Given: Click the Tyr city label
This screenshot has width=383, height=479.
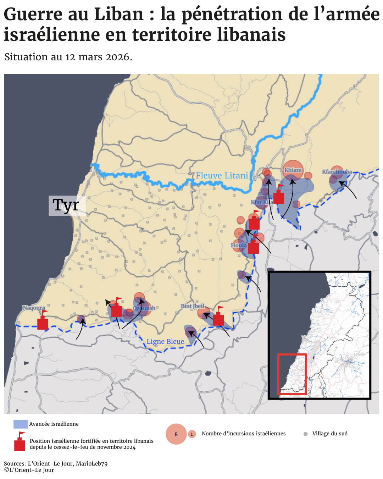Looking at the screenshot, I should (66, 205).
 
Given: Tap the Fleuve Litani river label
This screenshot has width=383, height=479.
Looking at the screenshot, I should (222, 176).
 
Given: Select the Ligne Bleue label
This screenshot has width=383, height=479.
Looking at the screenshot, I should (165, 342).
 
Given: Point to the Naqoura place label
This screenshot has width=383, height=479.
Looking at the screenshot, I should (34, 308).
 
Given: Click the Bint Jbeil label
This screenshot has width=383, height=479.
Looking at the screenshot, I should (193, 306).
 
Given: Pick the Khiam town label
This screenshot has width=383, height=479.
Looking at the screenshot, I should (293, 170).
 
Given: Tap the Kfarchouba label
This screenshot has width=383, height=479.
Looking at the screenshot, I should (337, 172).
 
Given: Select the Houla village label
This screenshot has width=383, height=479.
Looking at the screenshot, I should (239, 245).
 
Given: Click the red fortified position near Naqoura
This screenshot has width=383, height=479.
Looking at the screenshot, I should (43, 322).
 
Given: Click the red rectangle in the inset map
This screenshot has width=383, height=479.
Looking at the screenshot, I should (292, 374).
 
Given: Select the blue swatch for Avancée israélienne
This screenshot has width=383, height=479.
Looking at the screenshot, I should (21, 424).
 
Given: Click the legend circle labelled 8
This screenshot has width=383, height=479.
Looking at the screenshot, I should (176, 434).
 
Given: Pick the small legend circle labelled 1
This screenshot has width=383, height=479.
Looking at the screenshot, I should (192, 434).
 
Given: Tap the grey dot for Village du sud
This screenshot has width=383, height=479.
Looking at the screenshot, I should (305, 434).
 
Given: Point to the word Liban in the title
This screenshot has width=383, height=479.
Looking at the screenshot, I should (118, 15).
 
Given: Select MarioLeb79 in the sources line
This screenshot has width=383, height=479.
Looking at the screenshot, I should (91, 464).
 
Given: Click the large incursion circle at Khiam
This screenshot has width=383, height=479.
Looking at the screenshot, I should (293, 170).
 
